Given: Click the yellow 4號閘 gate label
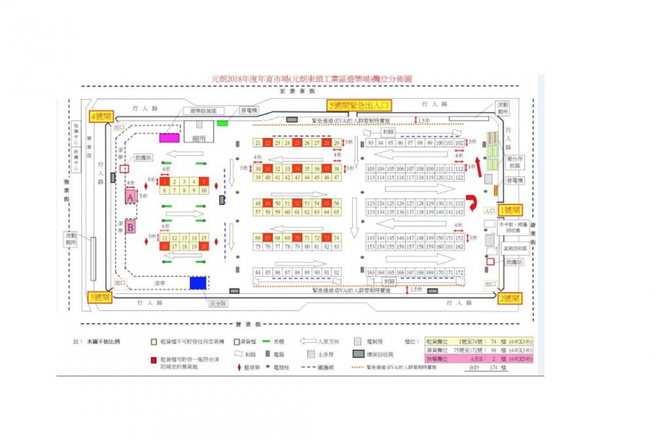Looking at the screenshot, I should point(101,116).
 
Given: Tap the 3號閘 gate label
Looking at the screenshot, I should point(101,297).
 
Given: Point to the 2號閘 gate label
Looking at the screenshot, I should point(510,298).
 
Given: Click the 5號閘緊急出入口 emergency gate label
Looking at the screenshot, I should point(360,105).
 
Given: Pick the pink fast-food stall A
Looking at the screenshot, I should point(130,196).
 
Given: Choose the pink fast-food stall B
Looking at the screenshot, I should point(130,228).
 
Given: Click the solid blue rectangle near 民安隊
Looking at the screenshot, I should point(197,282).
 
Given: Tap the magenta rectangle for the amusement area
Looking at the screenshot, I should point(169,137).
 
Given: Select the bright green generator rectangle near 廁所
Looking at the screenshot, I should point(222,122).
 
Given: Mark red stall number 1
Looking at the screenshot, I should point(164,182).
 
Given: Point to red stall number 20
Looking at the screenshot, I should point(204,246).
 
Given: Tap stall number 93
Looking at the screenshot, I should point(371,143).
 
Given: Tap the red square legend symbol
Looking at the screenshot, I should point(153,360).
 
